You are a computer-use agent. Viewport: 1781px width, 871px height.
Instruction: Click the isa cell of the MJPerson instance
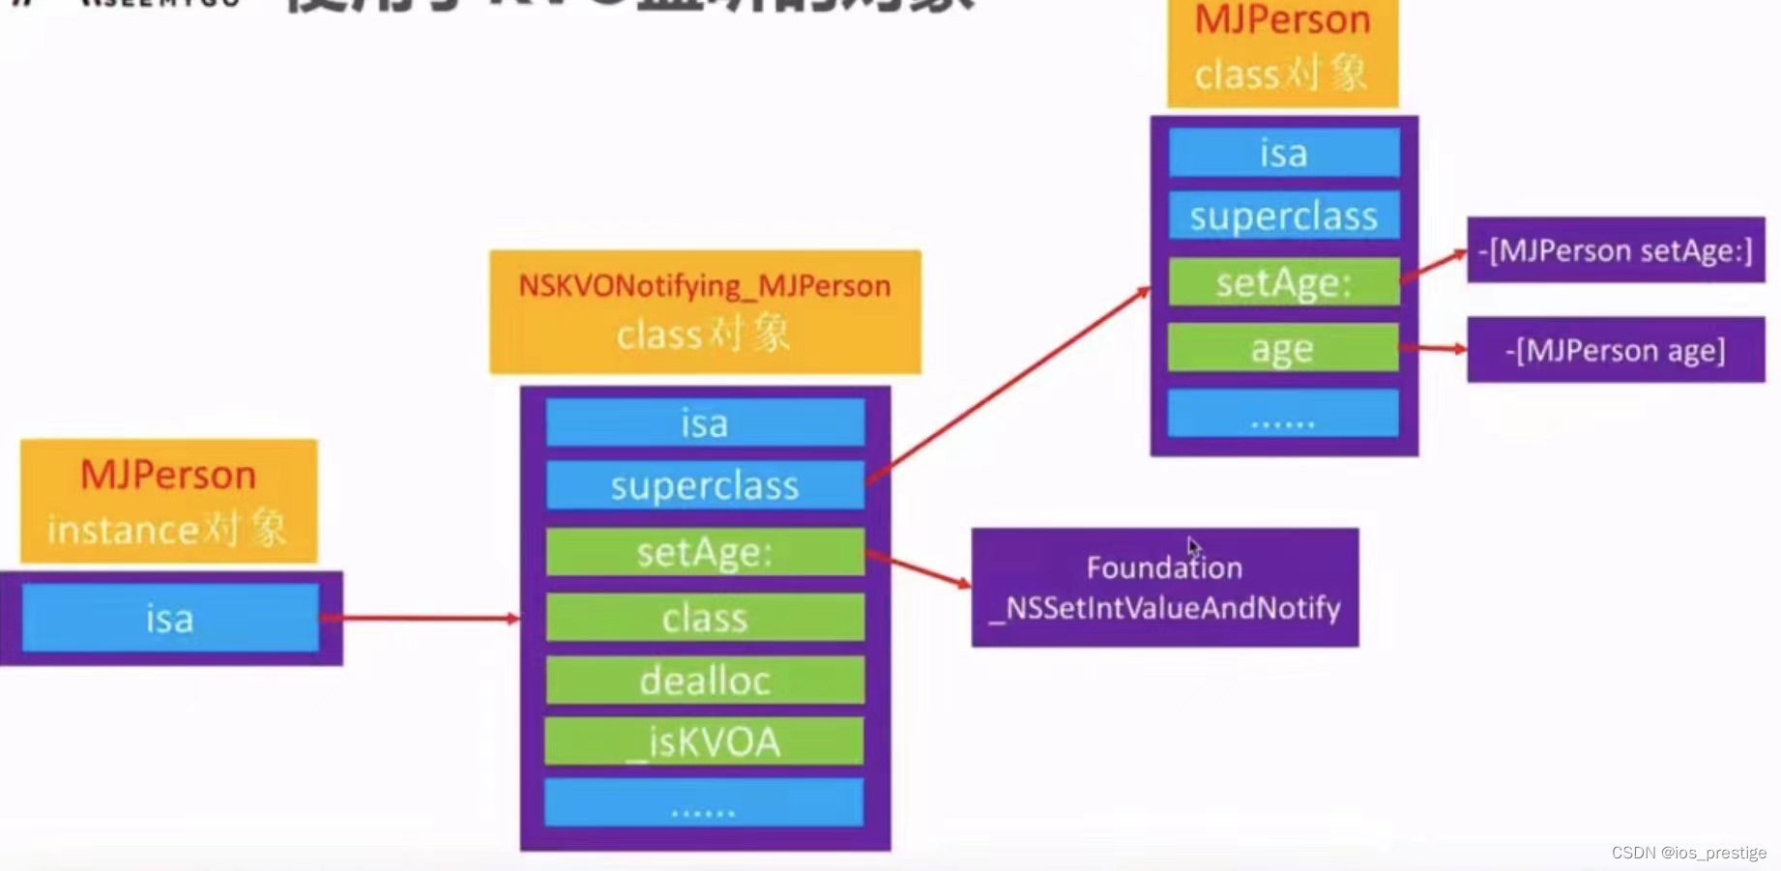pyautogui.click(x=170, y=619)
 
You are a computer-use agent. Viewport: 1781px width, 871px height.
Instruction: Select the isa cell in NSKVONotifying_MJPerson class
pyautogui.click(x=705, y=423)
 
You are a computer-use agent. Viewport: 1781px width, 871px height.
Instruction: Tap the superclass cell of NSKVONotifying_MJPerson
pyautogui.click(x=705, y=485)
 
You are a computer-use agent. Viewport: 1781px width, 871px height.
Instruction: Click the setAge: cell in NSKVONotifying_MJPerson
pyautogui.click(x=705, y=552)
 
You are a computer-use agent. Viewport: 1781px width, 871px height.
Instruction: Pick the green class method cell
pyautogui.click(x=705, y=618)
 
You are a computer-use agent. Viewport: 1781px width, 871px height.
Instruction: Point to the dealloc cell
pyautogui.click(x=705, y=681)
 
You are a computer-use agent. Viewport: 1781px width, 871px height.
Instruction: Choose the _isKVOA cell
pyautogui.click(x=705, y=741)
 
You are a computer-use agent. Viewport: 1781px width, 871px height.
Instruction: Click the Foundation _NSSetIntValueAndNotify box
pyautogui.click(x=1164, y=588)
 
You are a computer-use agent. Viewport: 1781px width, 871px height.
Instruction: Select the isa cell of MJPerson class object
pyautogui.click(x=1283, y=153)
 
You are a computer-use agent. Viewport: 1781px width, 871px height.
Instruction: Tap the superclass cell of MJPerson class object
pyautogui.click(x=1283, y=217)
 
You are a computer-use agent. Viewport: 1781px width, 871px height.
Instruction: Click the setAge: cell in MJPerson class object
pyautogui.click(x=1283, y=282)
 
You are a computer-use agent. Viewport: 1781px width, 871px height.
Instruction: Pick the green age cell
pyautogui.click(x=1283, y=348)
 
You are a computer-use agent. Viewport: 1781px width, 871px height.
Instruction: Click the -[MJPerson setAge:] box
pyautogui.click(x=1615, y=250)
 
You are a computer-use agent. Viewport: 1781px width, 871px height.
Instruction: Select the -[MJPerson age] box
pyautogui.click(x=1615, y=350)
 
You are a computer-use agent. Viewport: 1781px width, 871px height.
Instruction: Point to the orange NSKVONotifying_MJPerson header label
pyautogui.click(x=705, y=311)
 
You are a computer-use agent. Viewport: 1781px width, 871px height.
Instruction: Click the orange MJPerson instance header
pyautogui.click(x=169, y=501)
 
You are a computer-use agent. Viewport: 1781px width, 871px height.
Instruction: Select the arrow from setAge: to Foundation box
pyautogui.click(x=919, y=568)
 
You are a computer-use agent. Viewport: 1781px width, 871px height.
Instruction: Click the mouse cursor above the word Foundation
pyautogui.click(x=1194, y=547)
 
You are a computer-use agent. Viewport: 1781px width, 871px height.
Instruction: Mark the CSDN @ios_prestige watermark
pyautogui.click(x=1688, y=853)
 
